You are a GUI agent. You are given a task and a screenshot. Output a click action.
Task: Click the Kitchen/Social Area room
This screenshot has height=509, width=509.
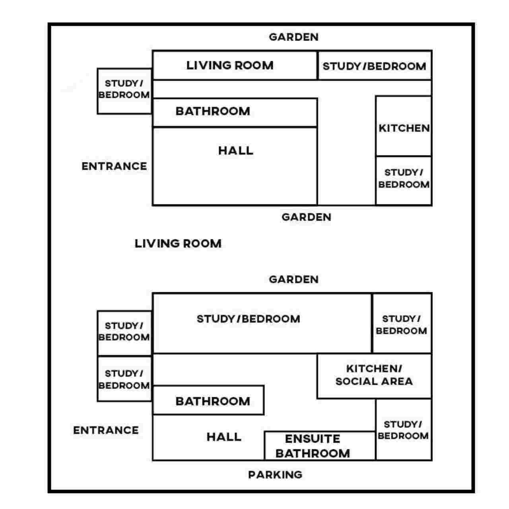(374, 376)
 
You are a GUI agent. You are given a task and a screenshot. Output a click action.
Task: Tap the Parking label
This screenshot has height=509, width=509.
(275, 474)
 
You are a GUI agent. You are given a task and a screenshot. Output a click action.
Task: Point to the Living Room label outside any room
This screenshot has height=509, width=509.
(178, 243)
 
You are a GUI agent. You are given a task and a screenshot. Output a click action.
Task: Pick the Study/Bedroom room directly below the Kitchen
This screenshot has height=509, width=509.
(404, 181)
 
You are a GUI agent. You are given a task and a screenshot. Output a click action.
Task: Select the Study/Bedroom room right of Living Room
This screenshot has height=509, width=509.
(374, 66)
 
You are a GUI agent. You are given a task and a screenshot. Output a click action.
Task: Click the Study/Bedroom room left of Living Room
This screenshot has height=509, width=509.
(124, 91)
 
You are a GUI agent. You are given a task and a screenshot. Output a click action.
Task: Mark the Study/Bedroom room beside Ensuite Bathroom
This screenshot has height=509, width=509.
(403, 429)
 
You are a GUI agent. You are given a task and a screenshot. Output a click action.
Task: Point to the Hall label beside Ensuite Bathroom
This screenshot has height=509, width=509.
(224, 437)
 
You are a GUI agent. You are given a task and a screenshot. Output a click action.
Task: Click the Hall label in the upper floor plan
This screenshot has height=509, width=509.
(235, 151)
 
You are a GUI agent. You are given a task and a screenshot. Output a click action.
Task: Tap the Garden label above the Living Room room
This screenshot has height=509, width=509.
(293, 37)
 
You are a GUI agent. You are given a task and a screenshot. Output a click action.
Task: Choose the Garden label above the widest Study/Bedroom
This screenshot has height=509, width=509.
(293, 279)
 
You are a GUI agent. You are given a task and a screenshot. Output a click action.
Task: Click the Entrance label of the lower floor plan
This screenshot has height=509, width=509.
(106, 430)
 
